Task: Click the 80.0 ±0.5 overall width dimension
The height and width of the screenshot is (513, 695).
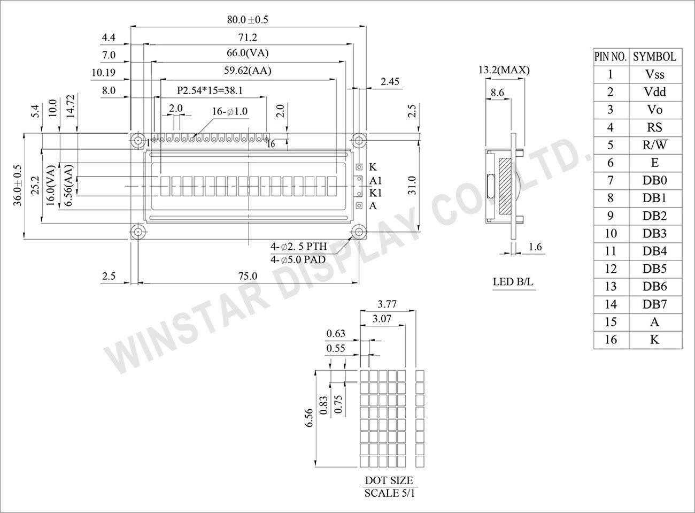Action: (x=247, y=20)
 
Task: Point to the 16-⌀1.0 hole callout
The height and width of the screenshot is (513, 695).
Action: (x=229, y=111)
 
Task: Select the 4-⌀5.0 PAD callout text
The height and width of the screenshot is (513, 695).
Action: (x=298, y=260)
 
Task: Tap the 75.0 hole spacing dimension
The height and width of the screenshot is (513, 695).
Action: (x=248, y=276)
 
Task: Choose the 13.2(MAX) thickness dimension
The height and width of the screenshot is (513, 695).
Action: (x=504, y=70)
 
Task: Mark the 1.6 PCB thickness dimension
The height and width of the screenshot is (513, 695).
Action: (x=535, y=247)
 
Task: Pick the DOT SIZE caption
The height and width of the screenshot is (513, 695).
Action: (x=389, y=480)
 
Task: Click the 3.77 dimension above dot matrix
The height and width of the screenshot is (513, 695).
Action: (x=387, y=304)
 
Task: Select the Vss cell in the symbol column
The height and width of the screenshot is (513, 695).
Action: (x=654, y=74)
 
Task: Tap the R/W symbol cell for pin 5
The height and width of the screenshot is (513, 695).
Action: (x=654, y=145)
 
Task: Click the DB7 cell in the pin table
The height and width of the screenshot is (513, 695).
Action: (x=654, y=304)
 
